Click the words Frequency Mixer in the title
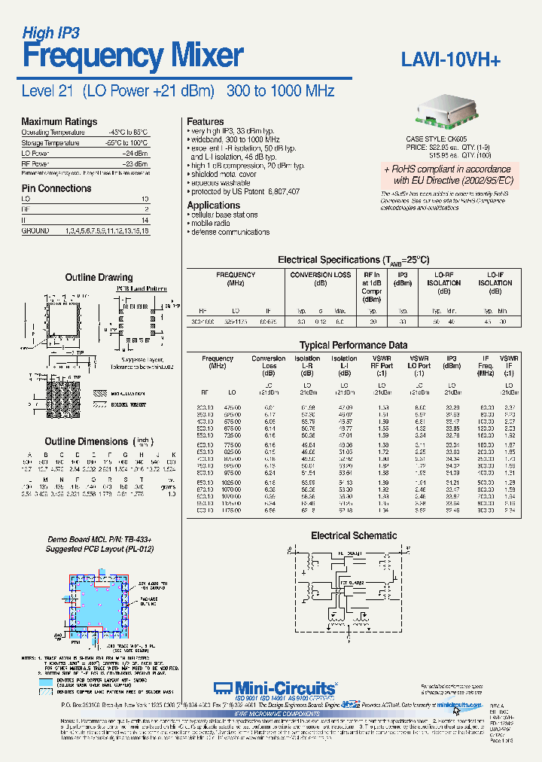coord(132,55)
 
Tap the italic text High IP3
coord(50,32)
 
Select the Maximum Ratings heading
coord(59,121)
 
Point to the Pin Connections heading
coord(56,188)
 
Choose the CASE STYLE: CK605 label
coord(436,139)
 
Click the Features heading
coord(205,121)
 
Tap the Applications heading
coord(213,205)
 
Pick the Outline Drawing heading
coord(99,277)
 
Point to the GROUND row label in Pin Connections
coord(35,230)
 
